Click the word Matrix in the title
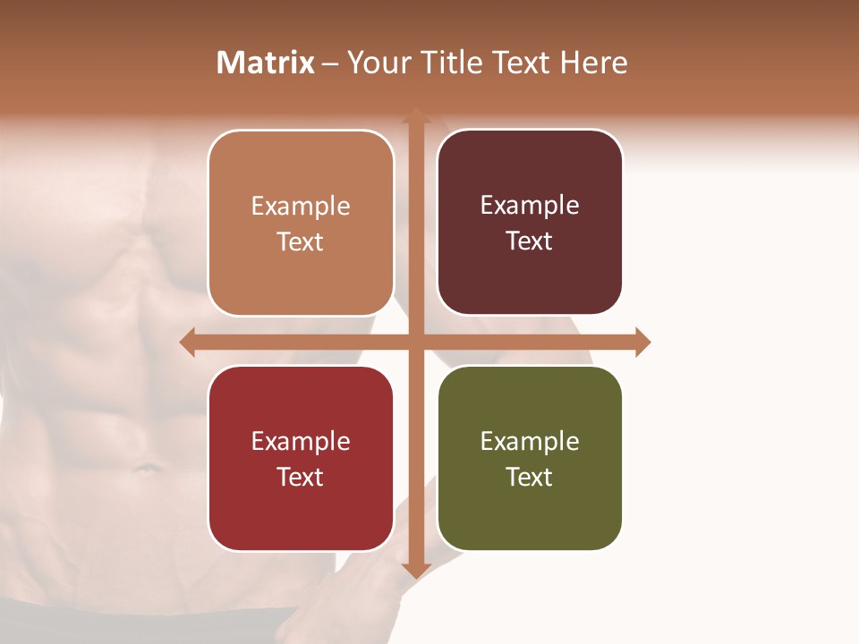[x=266, y=63]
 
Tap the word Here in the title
[x=594, y=63]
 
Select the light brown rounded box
[x=301, y=223]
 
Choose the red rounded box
[x=301, y=458]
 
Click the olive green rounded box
[x=530, y=458]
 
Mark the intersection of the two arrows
[x=416, y=342]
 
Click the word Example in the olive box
[x=530, y=441]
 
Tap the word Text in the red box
[x=301, y=477]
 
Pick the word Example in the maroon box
[x=530, y=205]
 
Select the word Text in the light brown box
[x=301, y=241]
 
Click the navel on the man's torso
[x=143, y=466]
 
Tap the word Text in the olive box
[x=530, y=477]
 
